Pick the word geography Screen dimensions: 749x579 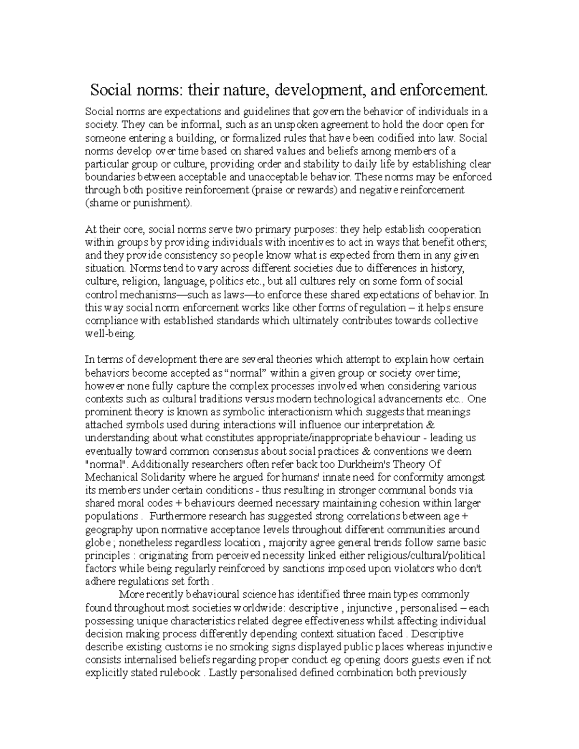[108, 530]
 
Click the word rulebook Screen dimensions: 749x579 [178, 673]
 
